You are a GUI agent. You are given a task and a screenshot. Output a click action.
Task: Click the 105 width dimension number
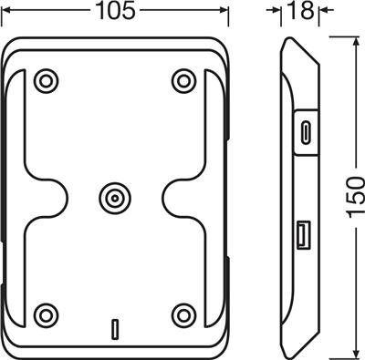pyautogui.click(x=115, y=11)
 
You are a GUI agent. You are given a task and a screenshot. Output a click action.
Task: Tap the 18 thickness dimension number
pyautogui.click(x=300, y=11)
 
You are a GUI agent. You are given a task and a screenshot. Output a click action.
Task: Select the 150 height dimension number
pyautogui.click(x=356, y=197)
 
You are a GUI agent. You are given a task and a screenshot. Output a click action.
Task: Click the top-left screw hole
pyautogui.click(x=46, y=81)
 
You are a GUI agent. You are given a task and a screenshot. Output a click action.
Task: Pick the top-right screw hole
pyautogui.click(x=183, y=81)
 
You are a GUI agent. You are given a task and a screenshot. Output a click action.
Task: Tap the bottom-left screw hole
pyautogui.click(x=46, y=315)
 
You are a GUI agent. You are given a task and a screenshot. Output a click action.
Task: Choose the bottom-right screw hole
pyautogui.click(x=183, y=315)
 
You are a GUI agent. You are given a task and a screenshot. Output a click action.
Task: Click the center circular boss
pyautogui.click(x=115, y=199)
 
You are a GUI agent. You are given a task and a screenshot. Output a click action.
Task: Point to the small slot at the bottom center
pyautogui.click(x=115, y=329)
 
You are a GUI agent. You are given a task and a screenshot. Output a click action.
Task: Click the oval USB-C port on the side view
pyautogui.click(x=305, y=132)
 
